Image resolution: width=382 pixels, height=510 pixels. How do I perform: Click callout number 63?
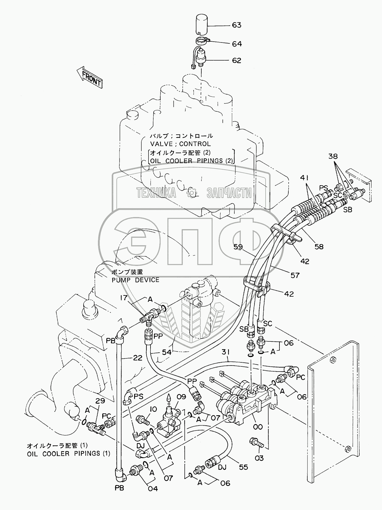tap(237, 25)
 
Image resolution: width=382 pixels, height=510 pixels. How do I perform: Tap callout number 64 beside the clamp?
tap(237, 44)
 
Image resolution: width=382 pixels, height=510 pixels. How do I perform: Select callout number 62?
tap(237, 61)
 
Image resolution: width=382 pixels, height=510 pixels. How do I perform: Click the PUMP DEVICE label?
tap(136, 280)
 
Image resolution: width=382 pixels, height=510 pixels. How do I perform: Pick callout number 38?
tap(333, 157)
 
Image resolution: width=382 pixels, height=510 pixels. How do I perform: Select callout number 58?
tap(319, 246)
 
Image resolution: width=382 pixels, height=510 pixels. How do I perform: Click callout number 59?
tap(238, 247)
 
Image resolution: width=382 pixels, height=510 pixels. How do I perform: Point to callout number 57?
tap(295, 275)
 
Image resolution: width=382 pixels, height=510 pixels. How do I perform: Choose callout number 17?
tap(124, 298)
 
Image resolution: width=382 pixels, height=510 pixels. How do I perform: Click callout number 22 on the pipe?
tap(138, 358)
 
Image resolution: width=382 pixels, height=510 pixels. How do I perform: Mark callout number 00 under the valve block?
tap(258, 427)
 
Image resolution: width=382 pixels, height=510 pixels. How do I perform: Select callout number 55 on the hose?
tap(243, 467)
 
